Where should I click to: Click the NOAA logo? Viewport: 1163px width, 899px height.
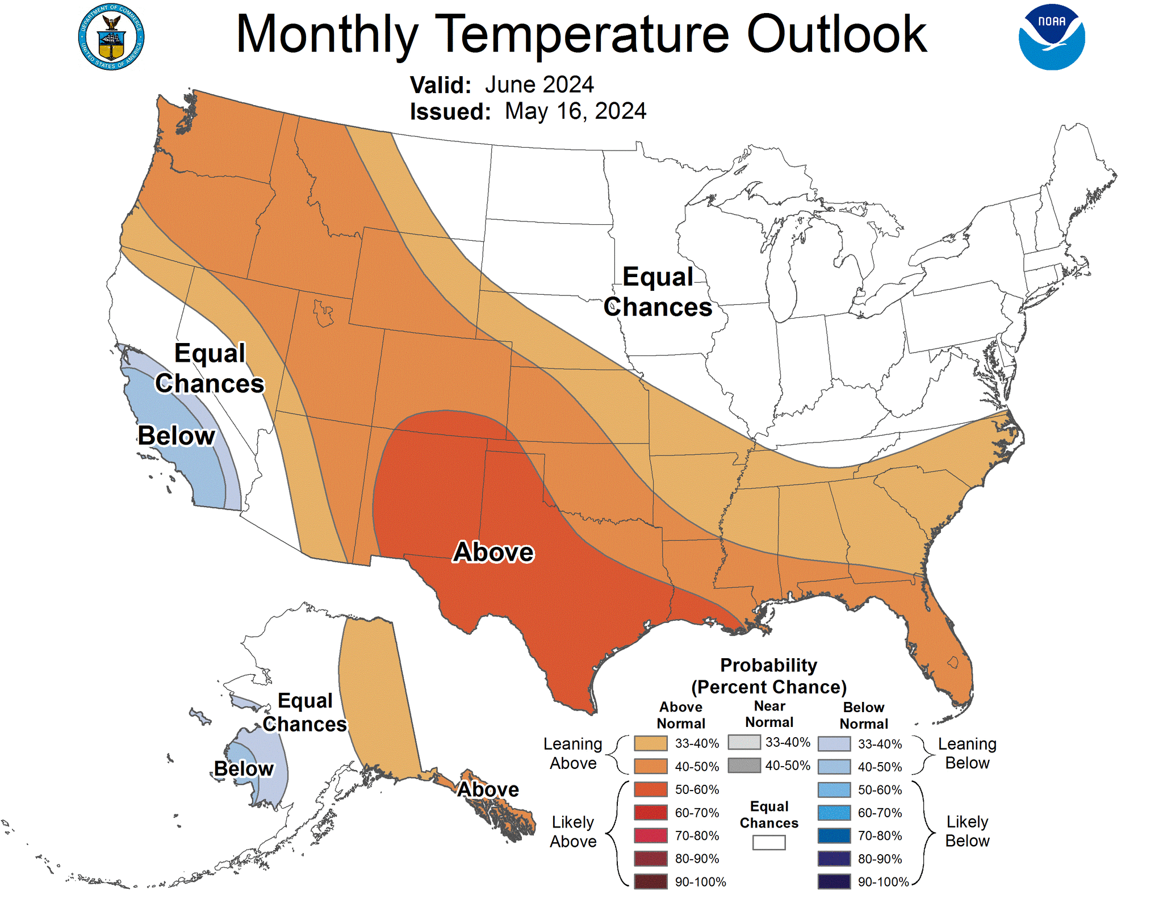pyautogui.click(x=1051, y=37)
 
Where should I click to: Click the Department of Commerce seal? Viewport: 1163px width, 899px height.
pyautogui.click(x=111, y=37)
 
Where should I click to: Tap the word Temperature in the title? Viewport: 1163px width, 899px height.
pyautogui.click(x=582, y=35)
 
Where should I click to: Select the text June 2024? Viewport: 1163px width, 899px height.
pyautogui.click(x=539, y=85)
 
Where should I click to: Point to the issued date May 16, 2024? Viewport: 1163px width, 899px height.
pyautogui.click(x=575, y=111)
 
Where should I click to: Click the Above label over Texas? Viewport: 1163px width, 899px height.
pyautogui.click(x=493, y=552)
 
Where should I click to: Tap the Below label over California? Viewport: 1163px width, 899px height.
pyautogui.click(x=177, y=436)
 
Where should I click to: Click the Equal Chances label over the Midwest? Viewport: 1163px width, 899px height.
pyautogui.click(x=658, y=292)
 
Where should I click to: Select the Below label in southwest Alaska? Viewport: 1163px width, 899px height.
pyautogui.click(x=244, y=768)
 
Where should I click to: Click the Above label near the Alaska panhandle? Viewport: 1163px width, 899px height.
pyautogui.click(x=488, y=789)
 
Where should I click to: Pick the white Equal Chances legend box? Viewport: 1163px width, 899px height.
pyautogui.click(x=769, y=843)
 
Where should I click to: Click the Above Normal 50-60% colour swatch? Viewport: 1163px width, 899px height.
pyautogui.click(x=651, y=789)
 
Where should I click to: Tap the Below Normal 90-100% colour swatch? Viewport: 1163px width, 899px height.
pyautogui.click(x=834, y=881)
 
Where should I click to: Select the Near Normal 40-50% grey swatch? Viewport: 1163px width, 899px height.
pyautogui.click(x=744, y=766)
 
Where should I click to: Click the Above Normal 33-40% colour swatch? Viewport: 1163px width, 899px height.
pyautogui.click(x=651, y=743)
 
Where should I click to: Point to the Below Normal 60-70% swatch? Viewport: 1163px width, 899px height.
pyautogui.click(x=834, y=813)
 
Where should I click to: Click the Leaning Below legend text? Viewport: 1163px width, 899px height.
pyautogui.click(x=967, y=753)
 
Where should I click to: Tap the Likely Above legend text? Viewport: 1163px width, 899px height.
pyautogui.click(x=573, y=831)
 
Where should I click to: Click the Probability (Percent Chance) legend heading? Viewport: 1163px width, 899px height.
pyautogui.click(x=769, y=676)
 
